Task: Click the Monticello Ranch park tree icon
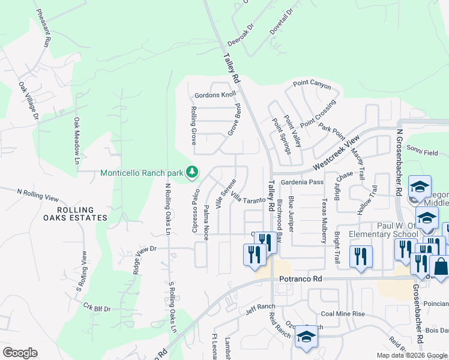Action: [192, 173]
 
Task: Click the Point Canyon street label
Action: [312, 86]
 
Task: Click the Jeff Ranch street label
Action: [259, 311]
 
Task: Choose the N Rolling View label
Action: [38, 195]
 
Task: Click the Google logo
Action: [20, 353]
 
